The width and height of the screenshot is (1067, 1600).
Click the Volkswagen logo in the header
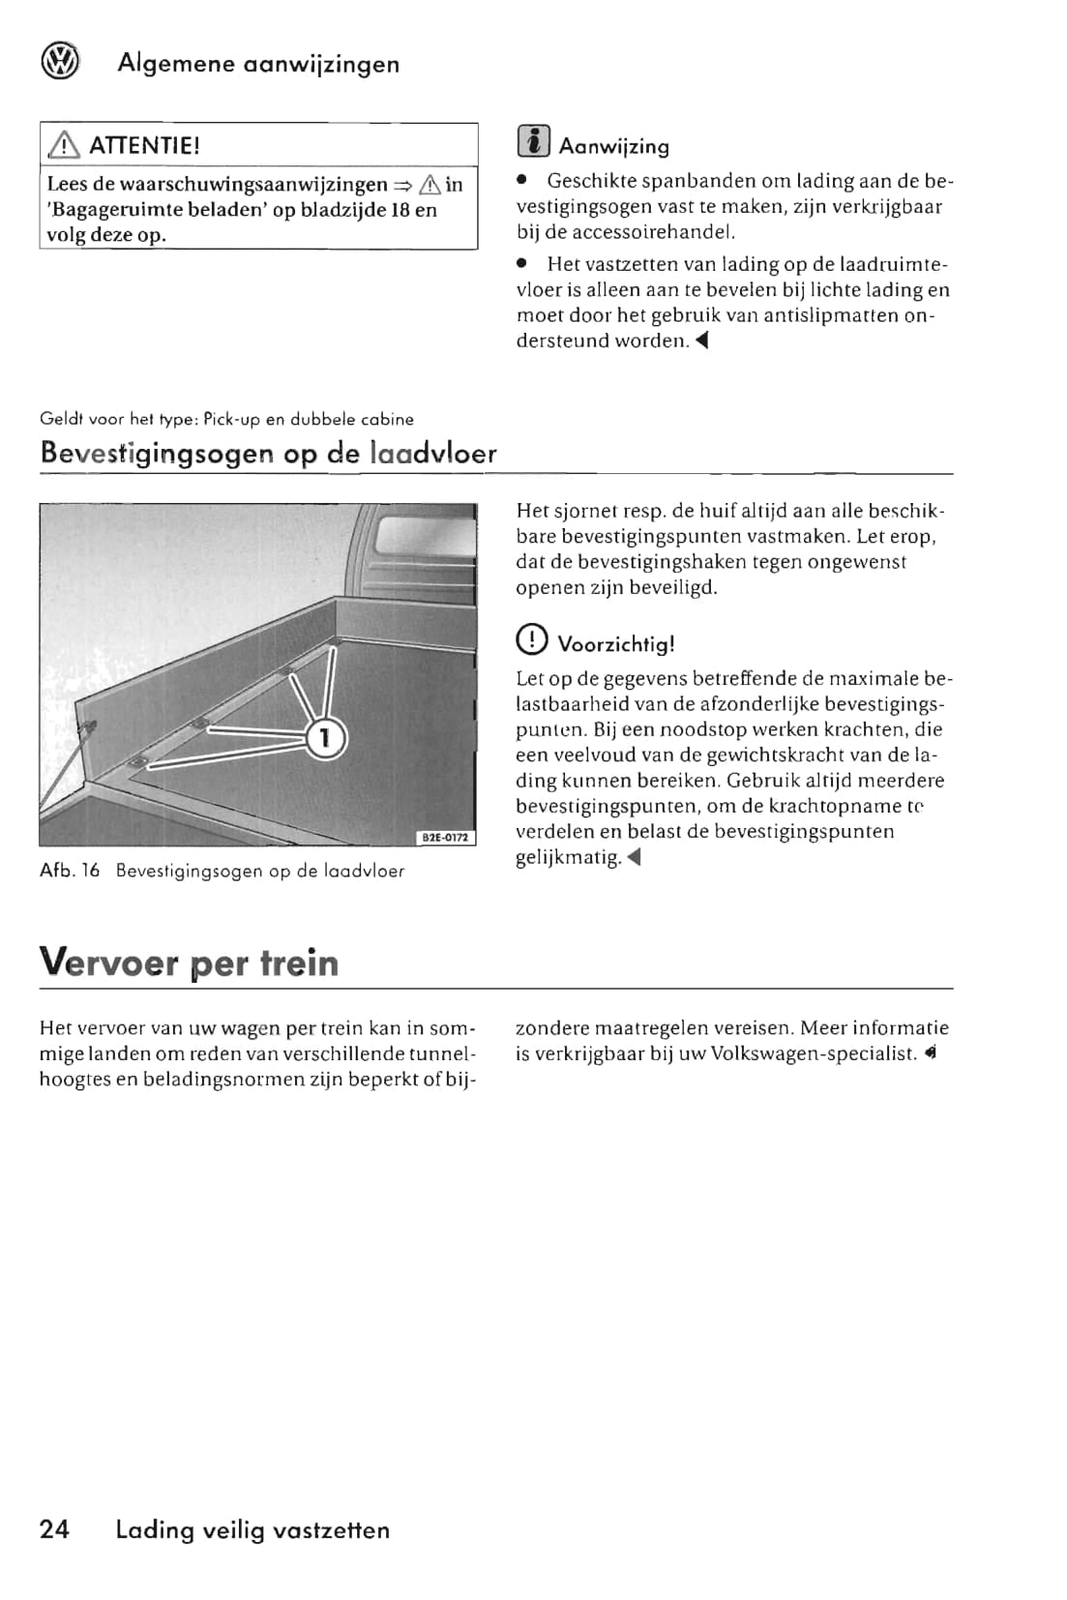pos(60,63)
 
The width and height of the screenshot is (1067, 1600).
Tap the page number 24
pos(54,1528)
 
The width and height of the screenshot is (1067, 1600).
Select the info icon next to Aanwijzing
pos(534,142)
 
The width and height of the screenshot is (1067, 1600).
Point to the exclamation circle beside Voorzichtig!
pos(532,641)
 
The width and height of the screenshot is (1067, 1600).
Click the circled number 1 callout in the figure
pos(325,739)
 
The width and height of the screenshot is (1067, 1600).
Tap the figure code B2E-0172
pos(445,838)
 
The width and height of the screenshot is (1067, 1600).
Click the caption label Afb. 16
pos(70,871)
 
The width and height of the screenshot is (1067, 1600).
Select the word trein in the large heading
pos(299,963)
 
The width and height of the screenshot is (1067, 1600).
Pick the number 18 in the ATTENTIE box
pos(400,210)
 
